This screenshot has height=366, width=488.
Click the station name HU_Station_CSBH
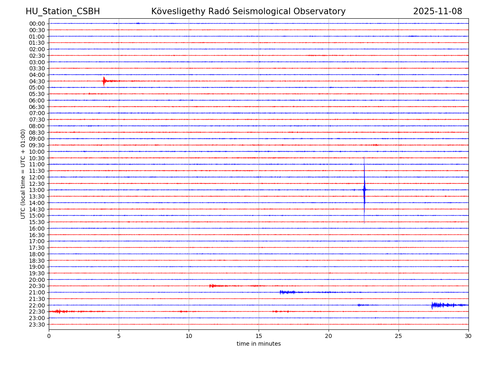63,11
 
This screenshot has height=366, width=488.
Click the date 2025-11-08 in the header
438,11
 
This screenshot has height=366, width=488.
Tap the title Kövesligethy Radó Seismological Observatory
248,11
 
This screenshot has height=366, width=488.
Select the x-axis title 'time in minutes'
259,344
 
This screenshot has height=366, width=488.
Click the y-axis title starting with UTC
23,174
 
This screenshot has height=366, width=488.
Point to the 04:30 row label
37,81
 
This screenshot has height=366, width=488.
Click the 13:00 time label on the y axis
37,190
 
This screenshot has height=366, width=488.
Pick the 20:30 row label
37,286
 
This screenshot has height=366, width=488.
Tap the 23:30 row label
37,325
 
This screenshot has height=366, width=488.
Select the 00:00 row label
37,24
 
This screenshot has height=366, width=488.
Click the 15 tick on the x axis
259,336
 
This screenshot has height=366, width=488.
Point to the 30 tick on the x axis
468,336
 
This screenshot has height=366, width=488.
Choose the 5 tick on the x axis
119,336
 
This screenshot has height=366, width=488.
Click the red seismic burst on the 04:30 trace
105,81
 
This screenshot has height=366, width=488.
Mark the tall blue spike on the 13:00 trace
364,190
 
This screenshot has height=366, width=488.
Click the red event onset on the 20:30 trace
211,286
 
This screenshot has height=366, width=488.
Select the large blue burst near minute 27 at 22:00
434,305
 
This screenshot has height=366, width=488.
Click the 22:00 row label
37,305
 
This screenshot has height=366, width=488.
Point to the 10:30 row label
37,158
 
